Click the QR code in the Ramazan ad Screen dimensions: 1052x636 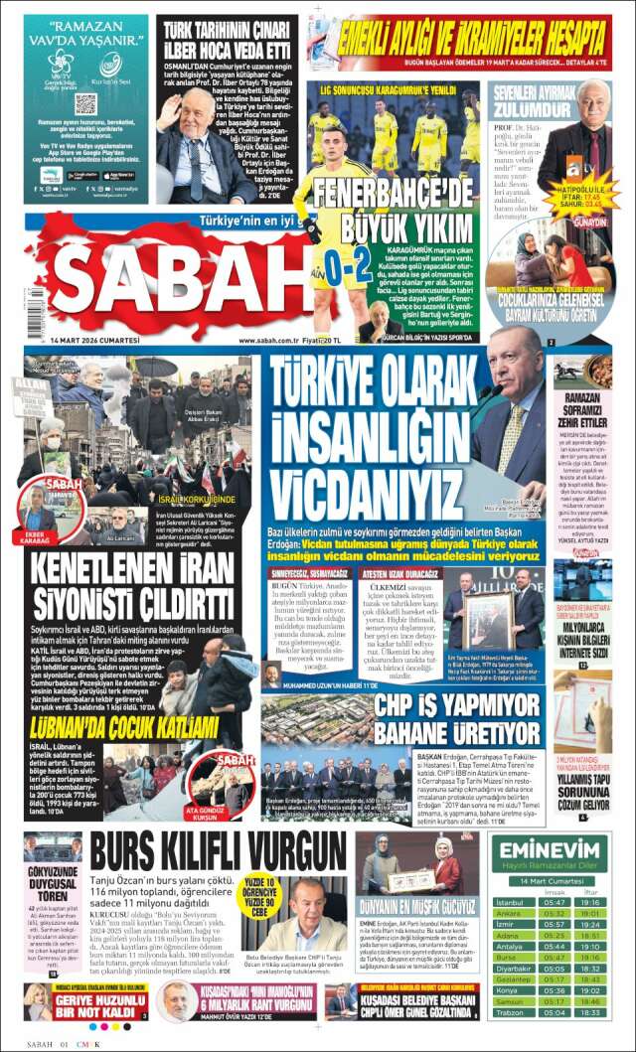pos(85,104)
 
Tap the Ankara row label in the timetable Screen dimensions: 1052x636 pos(509,914)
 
